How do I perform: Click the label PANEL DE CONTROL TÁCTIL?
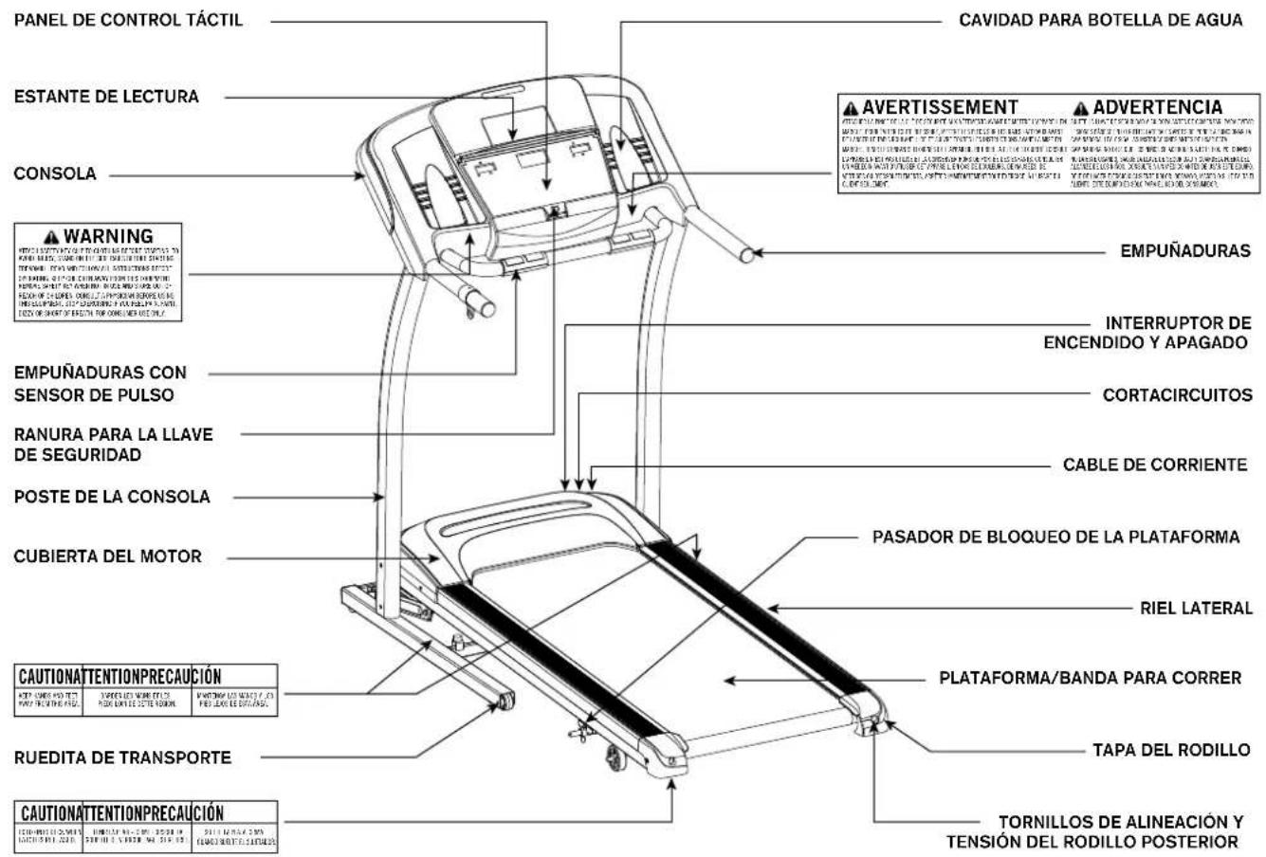[128, 20]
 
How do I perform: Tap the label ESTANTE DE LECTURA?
[106, 97]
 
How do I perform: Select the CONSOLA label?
[55, 174]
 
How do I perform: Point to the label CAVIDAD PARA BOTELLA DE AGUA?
[1100, 20]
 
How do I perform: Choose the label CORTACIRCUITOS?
[1177, 394]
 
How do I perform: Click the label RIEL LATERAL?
[1196, 608]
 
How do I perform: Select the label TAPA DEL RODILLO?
[1171, 749]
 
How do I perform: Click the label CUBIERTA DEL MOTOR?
[108, 557]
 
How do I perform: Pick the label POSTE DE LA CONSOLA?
[112, 496]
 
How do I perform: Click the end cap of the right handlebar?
[748, 254]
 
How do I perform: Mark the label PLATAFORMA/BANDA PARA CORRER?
[1090, 679]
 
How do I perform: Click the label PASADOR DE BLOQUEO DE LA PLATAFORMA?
[1055, 537]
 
